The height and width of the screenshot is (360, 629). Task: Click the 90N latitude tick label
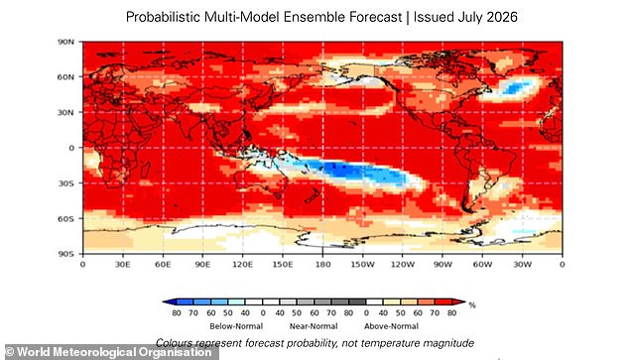[x=66, y=42]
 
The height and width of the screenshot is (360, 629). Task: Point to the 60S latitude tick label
[x=66, y=219]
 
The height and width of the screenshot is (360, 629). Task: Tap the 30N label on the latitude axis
[x=66, y=113]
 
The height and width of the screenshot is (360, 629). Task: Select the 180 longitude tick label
[x=322, y=265]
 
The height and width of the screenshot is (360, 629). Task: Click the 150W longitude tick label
[x=362, y=265]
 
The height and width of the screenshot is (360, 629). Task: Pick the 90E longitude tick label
[x=202, y=265]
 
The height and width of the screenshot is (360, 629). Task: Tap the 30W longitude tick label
[x=522, y=265]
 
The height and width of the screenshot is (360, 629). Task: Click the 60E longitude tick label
[x=163, y=265]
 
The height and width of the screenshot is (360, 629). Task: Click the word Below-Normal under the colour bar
[x=236, y=326]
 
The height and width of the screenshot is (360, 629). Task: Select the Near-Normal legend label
[x=314, y=326]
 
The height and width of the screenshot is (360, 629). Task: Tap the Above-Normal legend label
[x=391, y=326]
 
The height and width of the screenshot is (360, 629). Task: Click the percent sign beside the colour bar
[x=472, y=305]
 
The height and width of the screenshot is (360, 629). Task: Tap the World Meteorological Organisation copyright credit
[x=108, y=352]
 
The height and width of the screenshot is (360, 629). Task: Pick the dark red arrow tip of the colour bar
[x=461, y=301]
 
